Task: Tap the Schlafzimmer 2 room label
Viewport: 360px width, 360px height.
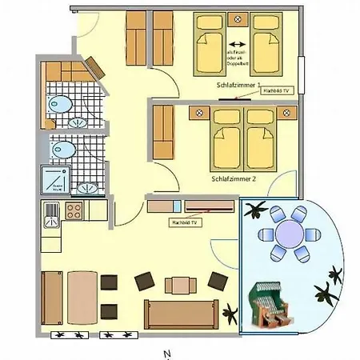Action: point(234,179)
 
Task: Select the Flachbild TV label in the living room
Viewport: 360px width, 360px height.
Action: point(184,222)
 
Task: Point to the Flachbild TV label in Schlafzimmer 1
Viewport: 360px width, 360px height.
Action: point(278,91)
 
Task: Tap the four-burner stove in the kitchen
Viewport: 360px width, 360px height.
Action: point(74,211)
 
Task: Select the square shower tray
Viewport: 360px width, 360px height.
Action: point(56,179)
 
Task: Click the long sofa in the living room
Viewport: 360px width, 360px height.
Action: point(181,314)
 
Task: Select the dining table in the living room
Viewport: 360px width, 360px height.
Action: point(82,293)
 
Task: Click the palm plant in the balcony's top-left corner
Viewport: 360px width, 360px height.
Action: point(256,211)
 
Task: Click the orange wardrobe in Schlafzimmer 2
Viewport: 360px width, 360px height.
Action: point(162,131)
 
